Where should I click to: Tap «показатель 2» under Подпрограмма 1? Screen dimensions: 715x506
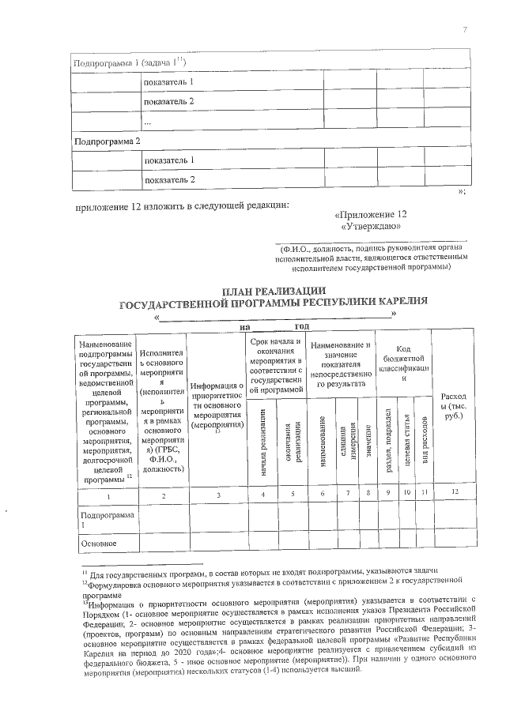point(168,102)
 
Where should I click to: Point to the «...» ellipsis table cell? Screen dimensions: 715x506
point(147,122)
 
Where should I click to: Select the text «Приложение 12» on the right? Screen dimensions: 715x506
point(371,215)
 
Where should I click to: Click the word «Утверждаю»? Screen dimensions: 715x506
point(371,227)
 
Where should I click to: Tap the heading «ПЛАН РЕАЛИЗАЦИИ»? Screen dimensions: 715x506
point(273,291)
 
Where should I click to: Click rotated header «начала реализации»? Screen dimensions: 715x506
point(262,442)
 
